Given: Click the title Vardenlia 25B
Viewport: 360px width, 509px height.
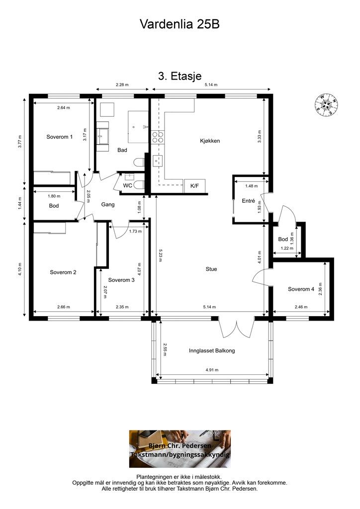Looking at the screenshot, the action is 180,24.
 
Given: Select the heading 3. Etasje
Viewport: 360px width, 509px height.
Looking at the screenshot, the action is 180,76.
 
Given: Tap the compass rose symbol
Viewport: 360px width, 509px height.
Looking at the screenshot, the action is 325,104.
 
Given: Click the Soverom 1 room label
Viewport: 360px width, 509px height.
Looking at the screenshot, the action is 59,137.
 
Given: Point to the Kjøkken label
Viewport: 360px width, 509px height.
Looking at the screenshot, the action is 210,141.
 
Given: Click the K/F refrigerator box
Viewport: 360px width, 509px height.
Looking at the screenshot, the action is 194,186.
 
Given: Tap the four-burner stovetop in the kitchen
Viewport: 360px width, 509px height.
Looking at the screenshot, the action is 158,137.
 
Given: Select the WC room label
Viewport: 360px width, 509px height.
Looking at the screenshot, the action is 127,186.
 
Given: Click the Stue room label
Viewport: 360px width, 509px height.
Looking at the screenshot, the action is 211,269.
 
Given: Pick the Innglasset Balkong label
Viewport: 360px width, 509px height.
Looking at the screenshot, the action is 212,350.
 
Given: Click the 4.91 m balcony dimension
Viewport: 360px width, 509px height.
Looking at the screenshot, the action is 212,370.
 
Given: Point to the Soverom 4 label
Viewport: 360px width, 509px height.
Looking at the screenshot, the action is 301,289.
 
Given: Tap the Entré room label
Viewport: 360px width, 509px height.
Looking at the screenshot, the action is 248,201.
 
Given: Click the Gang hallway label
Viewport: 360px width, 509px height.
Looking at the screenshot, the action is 108,204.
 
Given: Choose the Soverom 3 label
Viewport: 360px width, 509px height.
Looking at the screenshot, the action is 121,280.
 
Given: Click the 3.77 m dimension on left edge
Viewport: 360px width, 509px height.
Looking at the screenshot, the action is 20,142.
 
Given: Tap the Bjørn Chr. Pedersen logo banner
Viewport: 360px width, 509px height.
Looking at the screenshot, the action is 180,449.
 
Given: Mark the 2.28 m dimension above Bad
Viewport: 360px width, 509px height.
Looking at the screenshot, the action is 122,85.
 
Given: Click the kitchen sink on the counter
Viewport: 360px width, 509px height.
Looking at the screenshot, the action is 158,160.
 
